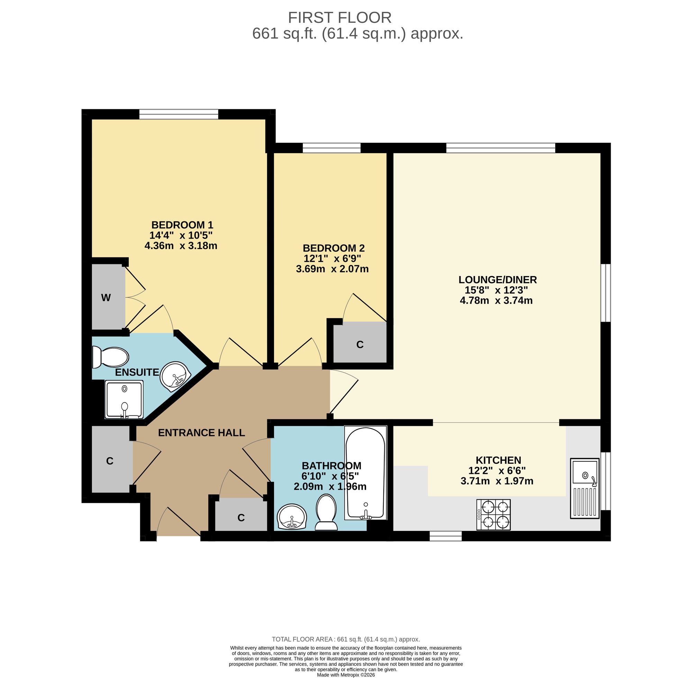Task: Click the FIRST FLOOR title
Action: pyautogui.click(x=339, y=17)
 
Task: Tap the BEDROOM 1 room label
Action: pyautogui.click(x=182, y=225)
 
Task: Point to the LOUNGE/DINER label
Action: pyautogui.click(x=498, y=280)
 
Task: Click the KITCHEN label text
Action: pyautogui.click(x=498, y=460)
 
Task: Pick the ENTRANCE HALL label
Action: pyautogui.click(x=201, y=433)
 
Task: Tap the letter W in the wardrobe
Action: pyautogui.click(x=106, y=298)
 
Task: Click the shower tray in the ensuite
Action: pyautogui.click(x=124, y=400)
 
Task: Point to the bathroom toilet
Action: pyautogui.click(x=327, y=512)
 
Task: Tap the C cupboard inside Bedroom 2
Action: pyautogui.click(x=360, y=344)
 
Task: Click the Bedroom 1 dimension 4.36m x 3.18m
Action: pyautogui.click(x=181, y=246)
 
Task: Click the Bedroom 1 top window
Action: pyautogui.click(x=179, y=114)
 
